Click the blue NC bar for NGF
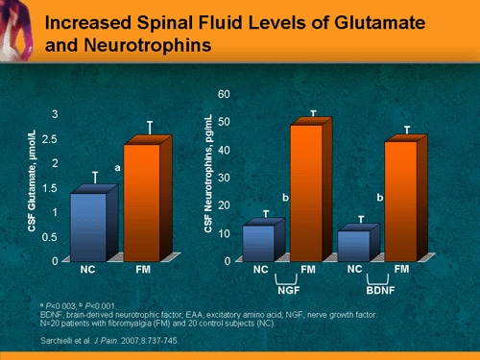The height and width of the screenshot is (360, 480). point(260,242)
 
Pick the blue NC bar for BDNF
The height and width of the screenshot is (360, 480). point(354,244)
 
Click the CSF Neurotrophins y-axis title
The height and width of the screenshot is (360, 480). point(208,175)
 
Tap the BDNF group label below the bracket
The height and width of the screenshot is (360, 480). point(380,287)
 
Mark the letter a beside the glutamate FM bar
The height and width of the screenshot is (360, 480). point(117,168)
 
